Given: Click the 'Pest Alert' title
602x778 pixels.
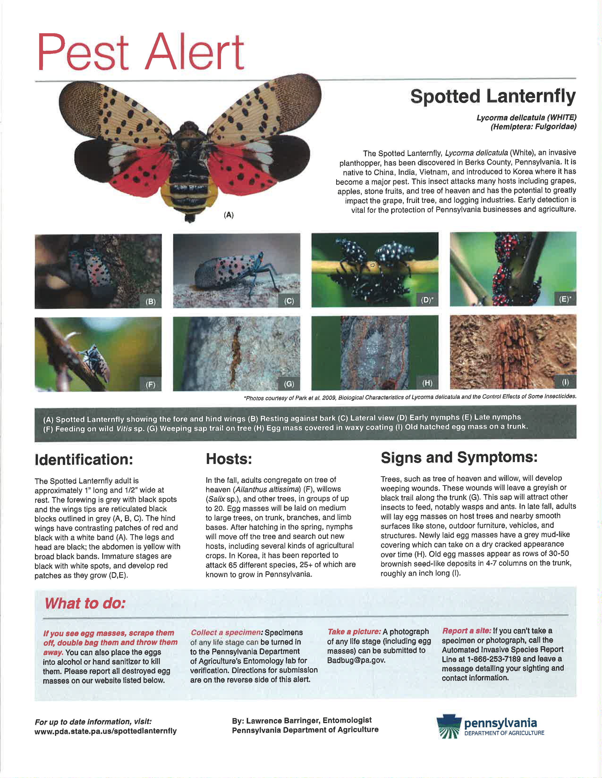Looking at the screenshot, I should (140, 52).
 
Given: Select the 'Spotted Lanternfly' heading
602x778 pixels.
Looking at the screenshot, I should (493, 96).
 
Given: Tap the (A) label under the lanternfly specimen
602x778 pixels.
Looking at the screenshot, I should (229, 215).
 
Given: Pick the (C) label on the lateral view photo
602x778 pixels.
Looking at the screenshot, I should (289, 301).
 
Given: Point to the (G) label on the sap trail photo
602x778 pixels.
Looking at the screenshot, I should (289, 384).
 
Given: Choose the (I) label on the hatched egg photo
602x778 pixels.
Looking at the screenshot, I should (565, 382).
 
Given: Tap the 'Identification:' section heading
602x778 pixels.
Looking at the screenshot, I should (84, 459).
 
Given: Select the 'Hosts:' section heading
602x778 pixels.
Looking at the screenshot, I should (229, 459).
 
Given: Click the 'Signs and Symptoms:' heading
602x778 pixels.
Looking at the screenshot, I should (459, 457).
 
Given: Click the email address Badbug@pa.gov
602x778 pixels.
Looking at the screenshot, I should (356, 660).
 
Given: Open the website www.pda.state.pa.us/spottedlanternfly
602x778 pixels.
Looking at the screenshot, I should (106, 731).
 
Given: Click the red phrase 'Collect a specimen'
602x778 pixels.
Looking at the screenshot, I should (226, 632).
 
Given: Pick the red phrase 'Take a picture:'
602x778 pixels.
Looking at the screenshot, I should (354, 632).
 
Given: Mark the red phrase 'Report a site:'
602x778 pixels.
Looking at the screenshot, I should (466, 630).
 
